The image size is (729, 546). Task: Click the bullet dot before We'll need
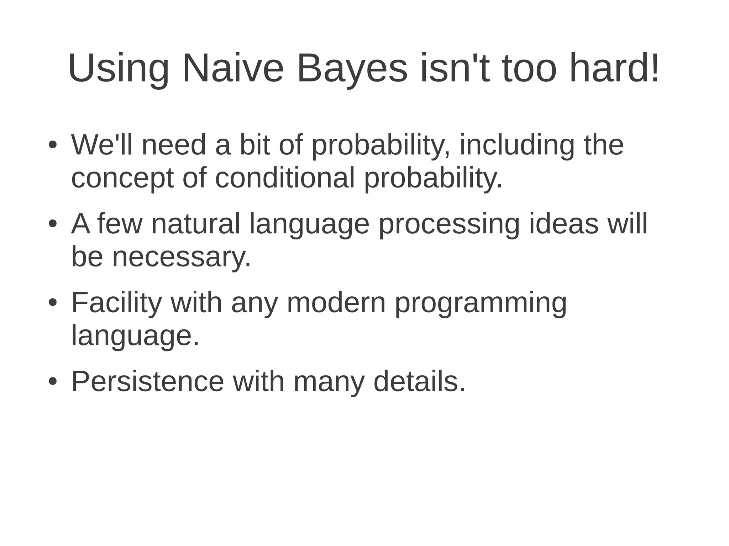[53, 145]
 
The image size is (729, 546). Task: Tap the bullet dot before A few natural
[53, 224]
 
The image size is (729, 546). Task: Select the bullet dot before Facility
[53, 303]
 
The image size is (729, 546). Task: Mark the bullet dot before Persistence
[53, 382]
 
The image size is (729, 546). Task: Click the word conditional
[285, 177]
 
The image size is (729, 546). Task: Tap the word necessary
[182, 257]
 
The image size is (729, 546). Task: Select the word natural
[196, 224]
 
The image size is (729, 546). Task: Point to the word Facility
[117, 303]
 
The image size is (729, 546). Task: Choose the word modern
[336, 303]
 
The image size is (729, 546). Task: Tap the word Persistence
[148, 382]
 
